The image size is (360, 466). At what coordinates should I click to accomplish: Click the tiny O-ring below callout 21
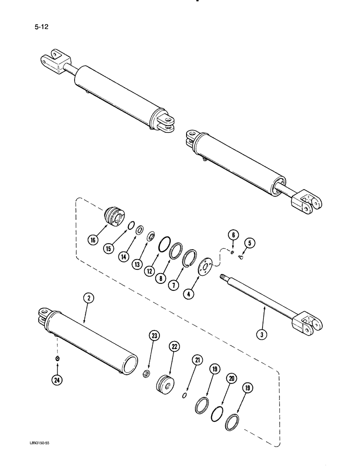[184, 396]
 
